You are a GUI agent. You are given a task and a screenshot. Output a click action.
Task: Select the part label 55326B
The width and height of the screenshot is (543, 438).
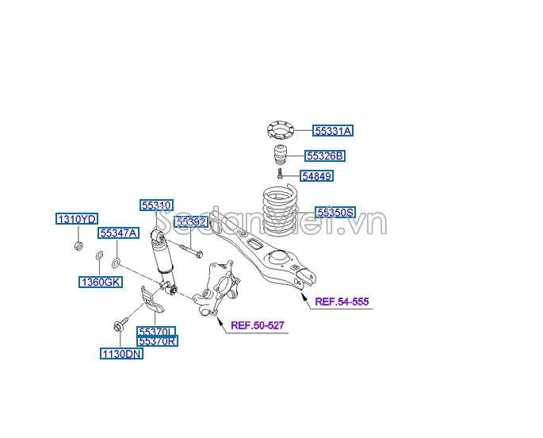(325, 156)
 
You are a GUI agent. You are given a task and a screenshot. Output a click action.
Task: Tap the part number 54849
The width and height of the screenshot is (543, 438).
(316, 175)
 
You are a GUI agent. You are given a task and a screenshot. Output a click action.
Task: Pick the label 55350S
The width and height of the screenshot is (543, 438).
(335, 212)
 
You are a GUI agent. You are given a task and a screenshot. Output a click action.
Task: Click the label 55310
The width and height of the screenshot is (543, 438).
(157, 205)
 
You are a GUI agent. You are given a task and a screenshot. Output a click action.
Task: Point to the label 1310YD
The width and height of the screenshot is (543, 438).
(76, 218)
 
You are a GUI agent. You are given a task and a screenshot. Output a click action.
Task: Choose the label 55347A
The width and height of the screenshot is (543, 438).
(119, 232)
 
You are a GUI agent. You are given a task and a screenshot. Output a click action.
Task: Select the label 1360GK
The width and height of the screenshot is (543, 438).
(100, 282)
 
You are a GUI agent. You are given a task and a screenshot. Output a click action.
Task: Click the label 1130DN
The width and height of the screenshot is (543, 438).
(121, 354)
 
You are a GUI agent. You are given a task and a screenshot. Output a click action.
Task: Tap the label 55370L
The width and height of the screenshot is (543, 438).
(156, 332)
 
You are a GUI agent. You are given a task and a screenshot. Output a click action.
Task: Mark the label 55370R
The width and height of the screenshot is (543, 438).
(157, 341)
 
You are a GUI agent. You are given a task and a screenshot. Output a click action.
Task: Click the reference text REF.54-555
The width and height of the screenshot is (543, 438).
(342, 302)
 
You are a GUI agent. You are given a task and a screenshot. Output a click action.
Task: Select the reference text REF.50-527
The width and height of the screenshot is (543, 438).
(257, 325)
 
